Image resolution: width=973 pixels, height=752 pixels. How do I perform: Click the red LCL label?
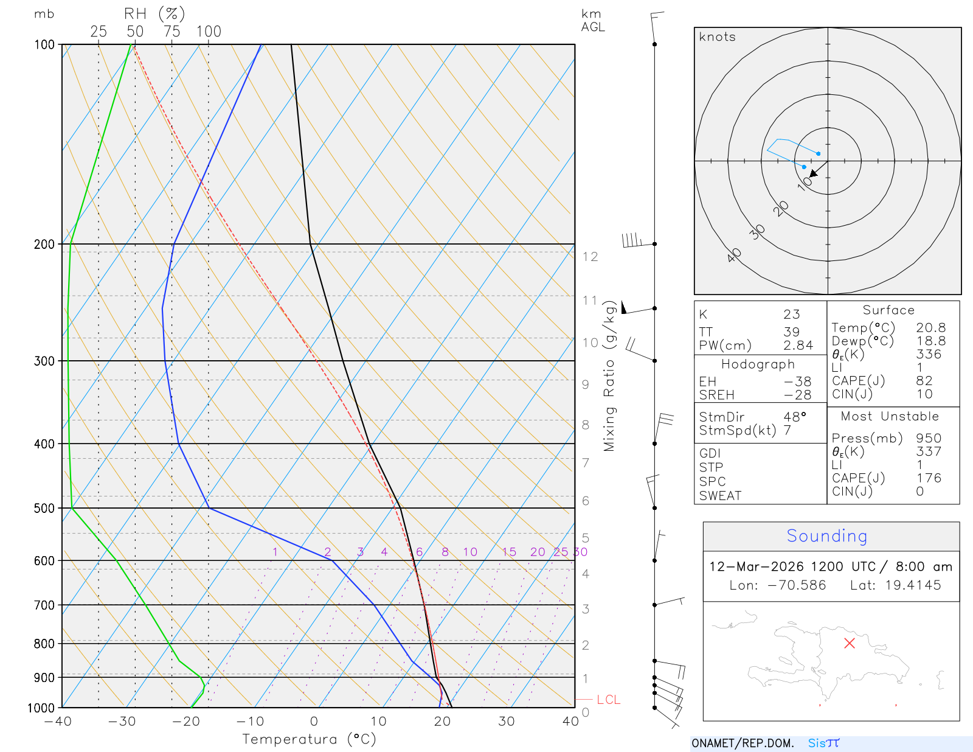[x=608, y=700]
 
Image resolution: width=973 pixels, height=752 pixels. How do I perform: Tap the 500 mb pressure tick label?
[x=44, y=508]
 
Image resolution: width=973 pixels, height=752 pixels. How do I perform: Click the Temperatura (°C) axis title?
[x=309, y=739]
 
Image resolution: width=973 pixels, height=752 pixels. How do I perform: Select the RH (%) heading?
[x=154, y=14]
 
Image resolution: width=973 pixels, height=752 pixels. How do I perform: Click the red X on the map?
[x=850, y=643]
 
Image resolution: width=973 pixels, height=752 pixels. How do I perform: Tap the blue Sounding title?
[x=827, y=536]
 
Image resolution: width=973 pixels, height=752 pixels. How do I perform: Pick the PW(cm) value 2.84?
[x=798, y=346]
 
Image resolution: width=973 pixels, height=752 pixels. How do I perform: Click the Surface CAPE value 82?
[x=924, y=381]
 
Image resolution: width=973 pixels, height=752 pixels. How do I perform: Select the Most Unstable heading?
[x=890, y=417]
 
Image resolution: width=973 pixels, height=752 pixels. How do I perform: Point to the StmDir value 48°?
[x=795, y=417]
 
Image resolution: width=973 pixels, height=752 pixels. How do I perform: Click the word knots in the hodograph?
[x=718, y=37]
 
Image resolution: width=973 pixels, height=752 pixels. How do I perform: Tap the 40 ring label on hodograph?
[x=735, y=255]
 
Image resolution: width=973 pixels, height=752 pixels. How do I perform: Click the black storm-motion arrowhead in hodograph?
[x=814, y=173]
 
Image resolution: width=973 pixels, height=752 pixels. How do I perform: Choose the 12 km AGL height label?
[x=590, y=257]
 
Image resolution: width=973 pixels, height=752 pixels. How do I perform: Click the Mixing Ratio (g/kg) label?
[x=609, y=376]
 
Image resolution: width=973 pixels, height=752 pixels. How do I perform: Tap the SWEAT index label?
[x=720, y=496]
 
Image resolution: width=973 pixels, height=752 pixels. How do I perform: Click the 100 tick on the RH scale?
[x=209, y=32]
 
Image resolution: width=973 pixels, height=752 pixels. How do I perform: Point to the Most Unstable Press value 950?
[x=929, y=439]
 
